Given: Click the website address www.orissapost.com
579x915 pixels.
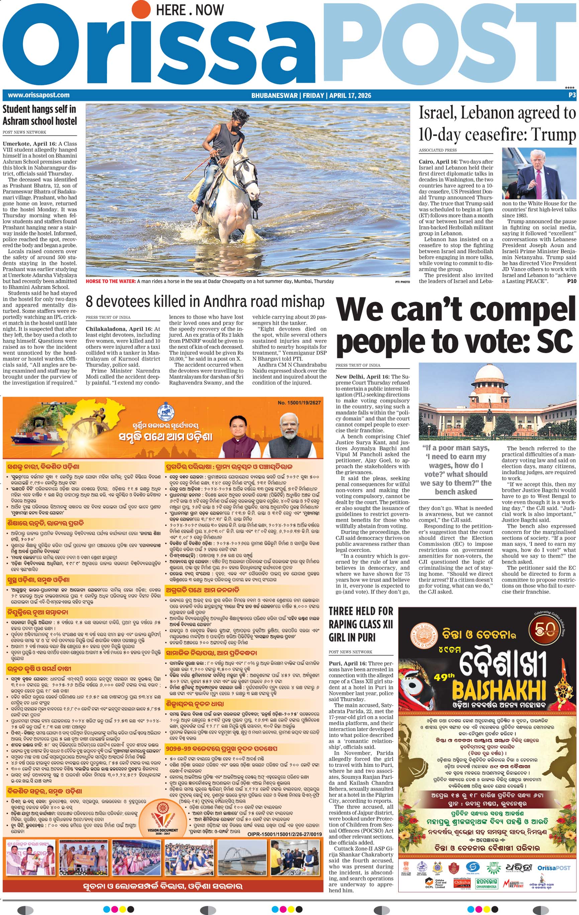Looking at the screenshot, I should [39, 95].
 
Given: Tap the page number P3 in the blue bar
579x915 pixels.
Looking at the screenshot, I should [572, 95].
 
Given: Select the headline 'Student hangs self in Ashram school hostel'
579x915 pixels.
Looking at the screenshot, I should [40, 115].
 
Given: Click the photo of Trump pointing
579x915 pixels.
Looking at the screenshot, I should [539, 173].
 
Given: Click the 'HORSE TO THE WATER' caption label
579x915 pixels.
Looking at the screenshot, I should [110, 281].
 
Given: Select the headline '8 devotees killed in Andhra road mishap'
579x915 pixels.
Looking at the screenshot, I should [205, 302].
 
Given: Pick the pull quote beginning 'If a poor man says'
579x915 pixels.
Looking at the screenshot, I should [456, 470].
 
